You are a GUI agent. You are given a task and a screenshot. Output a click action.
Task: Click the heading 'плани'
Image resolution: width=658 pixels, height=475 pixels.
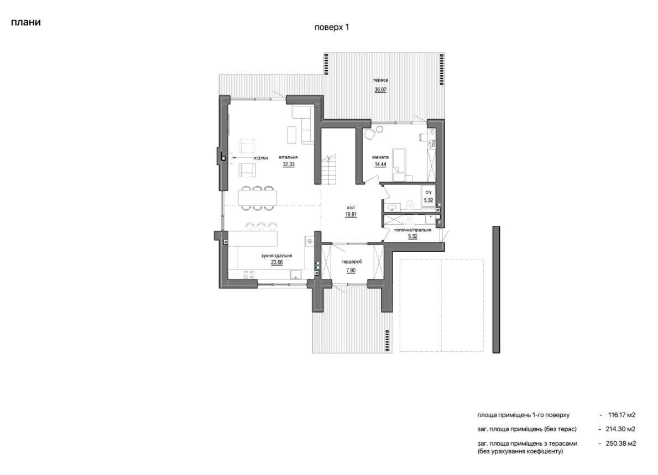tap(25, 22)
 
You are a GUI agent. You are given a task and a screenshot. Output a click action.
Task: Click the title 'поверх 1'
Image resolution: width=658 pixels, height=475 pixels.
tap(332, 27)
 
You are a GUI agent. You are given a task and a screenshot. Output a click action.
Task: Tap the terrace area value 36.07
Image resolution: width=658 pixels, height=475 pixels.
tap(380, 89)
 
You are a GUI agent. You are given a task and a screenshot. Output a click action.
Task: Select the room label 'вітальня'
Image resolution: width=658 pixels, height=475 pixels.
tap(288, 157)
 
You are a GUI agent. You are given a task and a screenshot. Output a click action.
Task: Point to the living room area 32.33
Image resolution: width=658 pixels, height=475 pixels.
tap(288, 165)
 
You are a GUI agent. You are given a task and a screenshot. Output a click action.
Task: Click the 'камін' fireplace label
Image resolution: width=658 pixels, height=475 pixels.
tap(261, 158)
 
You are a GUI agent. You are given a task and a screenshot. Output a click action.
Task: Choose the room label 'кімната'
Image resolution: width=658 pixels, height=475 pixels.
tap(380, 157)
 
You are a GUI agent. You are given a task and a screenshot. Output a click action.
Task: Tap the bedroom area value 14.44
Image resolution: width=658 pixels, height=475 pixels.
tap(380, 165)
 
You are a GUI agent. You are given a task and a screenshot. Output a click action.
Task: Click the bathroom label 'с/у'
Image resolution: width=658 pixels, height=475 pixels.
tap(428, 192)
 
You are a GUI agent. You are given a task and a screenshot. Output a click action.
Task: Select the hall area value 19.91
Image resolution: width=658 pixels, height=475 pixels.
tap(351, 215)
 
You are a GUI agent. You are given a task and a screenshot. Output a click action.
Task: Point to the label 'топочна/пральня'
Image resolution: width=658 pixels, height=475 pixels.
tap(412, 230)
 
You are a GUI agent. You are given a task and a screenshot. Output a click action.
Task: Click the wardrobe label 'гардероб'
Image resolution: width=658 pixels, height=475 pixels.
tap(351, 262)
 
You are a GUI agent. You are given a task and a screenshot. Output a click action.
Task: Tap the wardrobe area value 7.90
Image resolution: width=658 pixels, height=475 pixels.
tap(351, 271)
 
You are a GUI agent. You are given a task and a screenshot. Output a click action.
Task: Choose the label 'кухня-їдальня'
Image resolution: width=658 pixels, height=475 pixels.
tap(276, 256)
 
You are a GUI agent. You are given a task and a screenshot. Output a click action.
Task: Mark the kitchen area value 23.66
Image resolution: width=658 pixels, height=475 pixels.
tap(276, 263)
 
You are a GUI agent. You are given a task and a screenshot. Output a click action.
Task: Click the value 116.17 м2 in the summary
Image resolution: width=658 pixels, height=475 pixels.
tap(622, 415)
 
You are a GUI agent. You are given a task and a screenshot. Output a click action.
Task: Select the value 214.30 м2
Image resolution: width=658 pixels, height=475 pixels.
tap(620, 429)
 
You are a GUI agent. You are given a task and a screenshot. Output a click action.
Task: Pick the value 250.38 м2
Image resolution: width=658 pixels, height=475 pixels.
tap(620, 444)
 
